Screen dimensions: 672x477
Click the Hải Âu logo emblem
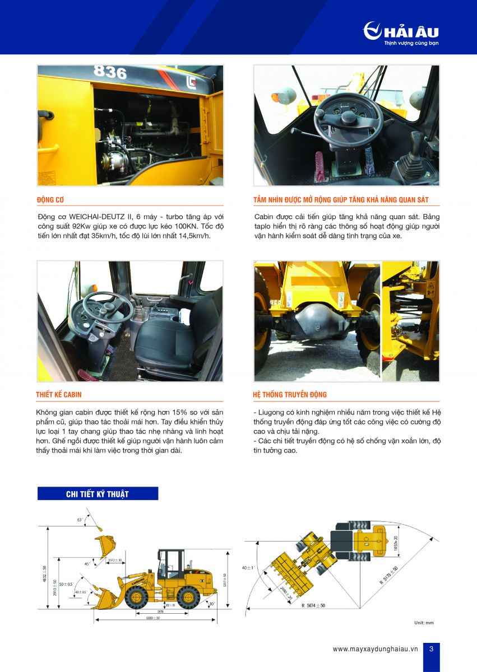(372, 30)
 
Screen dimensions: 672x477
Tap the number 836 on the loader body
(110, 72)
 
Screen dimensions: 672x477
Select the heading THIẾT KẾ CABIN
(59, 395)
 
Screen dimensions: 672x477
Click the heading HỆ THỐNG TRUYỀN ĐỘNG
(290, 395)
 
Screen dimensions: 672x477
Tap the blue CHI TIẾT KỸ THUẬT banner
(98, 493)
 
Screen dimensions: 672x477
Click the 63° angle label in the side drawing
(80, 520)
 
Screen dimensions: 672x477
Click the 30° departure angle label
(211, 604)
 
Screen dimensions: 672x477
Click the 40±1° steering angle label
(248, 568)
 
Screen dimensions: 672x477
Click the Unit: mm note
(424, 623)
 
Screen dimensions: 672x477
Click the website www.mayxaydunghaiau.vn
(375, 649)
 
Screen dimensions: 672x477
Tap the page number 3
(430, 649)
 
